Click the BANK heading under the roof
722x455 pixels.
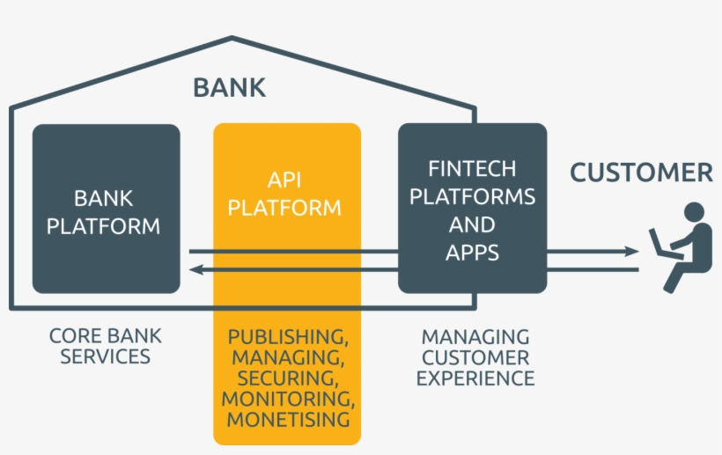coord(229,88)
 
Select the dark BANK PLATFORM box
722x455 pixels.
coord(106,209)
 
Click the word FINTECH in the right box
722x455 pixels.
coord(472,168)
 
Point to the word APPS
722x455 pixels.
coord(472,253)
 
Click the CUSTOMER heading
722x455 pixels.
coord(641,172)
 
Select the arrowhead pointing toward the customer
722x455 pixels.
coord(631,252)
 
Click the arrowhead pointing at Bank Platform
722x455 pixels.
coord(195,269)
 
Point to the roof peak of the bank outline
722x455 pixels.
coord(232,39)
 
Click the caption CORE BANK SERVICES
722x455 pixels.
coord(106,346)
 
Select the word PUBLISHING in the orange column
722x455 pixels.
coord(285,337)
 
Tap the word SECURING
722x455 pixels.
coord(285,378)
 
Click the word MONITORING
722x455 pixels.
coord(287,399)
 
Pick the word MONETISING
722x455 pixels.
coord(287,420)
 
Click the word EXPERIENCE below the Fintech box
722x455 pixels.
coord(475,378)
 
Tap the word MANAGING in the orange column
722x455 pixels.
coord(285,358)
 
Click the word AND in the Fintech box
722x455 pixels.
coord(472,224)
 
